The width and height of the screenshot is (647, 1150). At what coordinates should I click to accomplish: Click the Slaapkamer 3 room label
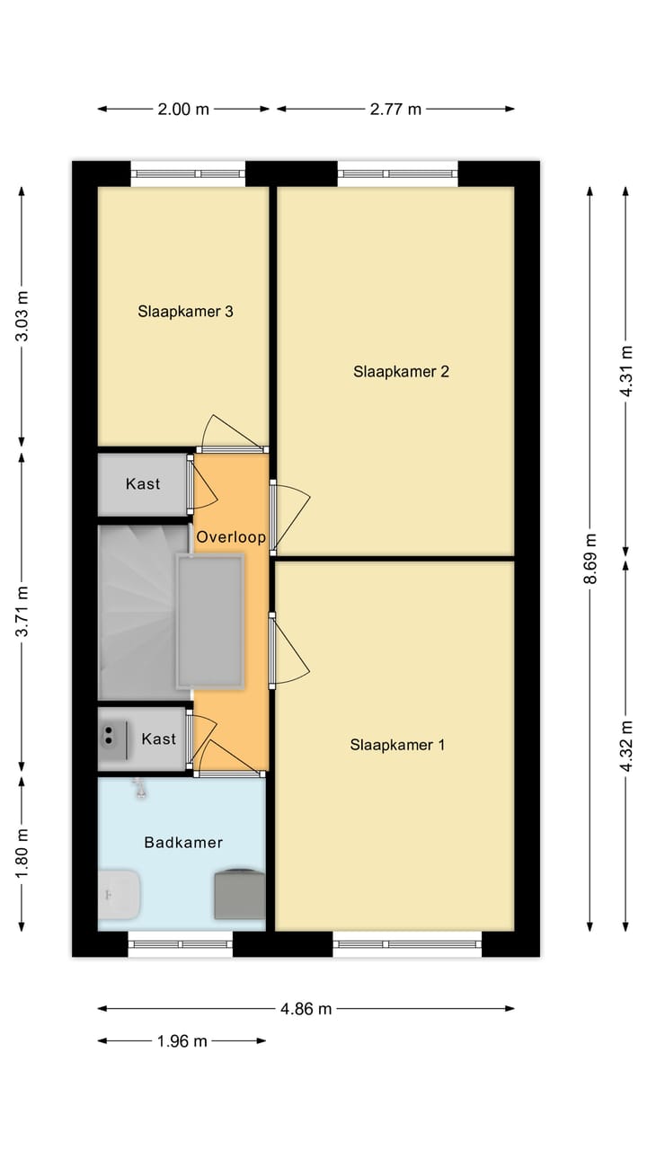click(186, 312)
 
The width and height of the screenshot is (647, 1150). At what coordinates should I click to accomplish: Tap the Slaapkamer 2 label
click(401, 371)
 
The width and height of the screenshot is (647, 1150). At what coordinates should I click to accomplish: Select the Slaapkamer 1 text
click(397, 744)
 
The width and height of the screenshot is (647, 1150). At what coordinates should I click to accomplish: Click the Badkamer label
click(183, 842)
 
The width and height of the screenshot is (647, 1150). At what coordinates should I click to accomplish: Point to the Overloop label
click(231, 537)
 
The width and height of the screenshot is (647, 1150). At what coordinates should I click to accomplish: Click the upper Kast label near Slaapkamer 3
click(143, 483)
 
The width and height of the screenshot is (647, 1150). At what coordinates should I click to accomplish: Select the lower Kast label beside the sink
click(159, 739)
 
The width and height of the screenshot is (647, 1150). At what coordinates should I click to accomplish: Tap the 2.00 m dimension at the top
click(183, 109)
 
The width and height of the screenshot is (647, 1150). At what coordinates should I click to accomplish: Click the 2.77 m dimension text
click(395, 109)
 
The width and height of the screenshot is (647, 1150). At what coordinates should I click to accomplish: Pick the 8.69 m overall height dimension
click(590, 559)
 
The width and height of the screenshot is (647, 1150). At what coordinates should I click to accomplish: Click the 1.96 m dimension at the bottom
click(182, 1041)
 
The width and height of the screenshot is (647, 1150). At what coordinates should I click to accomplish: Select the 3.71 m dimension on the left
click(22, 612)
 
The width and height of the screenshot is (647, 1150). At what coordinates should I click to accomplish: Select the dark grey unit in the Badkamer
click(239, 893)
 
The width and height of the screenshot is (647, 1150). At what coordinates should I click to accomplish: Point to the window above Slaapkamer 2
click(398, 173)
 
